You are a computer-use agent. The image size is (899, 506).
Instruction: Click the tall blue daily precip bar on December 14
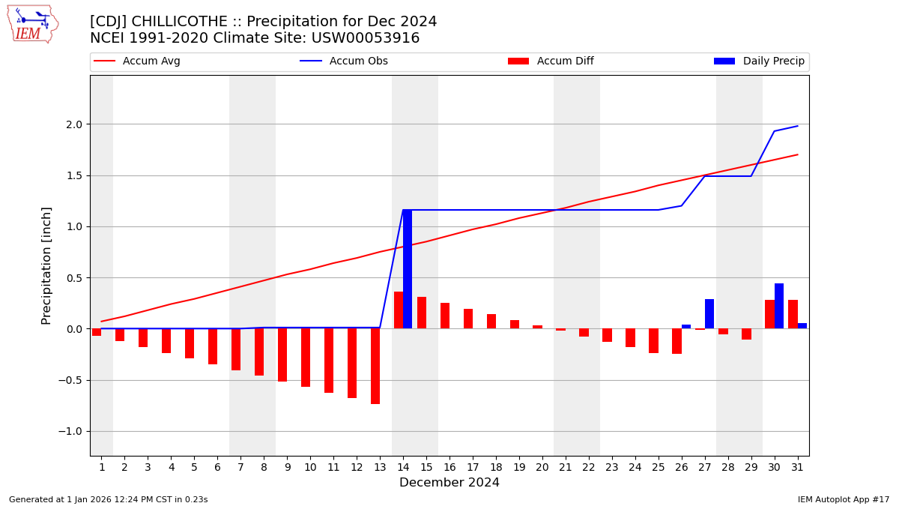pyautogui.click(x=408, y=269)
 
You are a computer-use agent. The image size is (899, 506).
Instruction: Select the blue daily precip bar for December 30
pyautogui.click(x=779, y=306)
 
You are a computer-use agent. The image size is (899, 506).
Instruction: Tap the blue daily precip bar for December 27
pyautogui.click(x=709, y=314)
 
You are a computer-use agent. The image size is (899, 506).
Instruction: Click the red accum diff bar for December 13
pyautogui.click(x=375, y=366)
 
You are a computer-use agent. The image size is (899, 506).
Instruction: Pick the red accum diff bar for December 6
pyautogui.click(x=213, y=346)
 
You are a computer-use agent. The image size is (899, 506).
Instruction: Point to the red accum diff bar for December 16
pyautogui.click(x=445, y=316)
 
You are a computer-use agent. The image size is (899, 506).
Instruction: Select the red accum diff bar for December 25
pyautogui.click(x=653, y=340)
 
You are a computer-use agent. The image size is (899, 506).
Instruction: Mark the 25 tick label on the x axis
pyautogui.click(x=659, y=467)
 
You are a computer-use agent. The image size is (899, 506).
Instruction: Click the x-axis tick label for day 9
pyautogui.click(x=287, y=467)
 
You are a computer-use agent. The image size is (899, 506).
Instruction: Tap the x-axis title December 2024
pyautogui.click(x=449, y=483)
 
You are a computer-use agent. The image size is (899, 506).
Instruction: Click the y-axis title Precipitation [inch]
pyautogui.click(x=46, y=265)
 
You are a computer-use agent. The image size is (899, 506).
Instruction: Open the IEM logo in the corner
pyautogui.click(x=32, y=24)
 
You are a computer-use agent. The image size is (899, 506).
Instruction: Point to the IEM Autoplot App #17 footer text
pyautogui.click(x=844, y=499)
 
